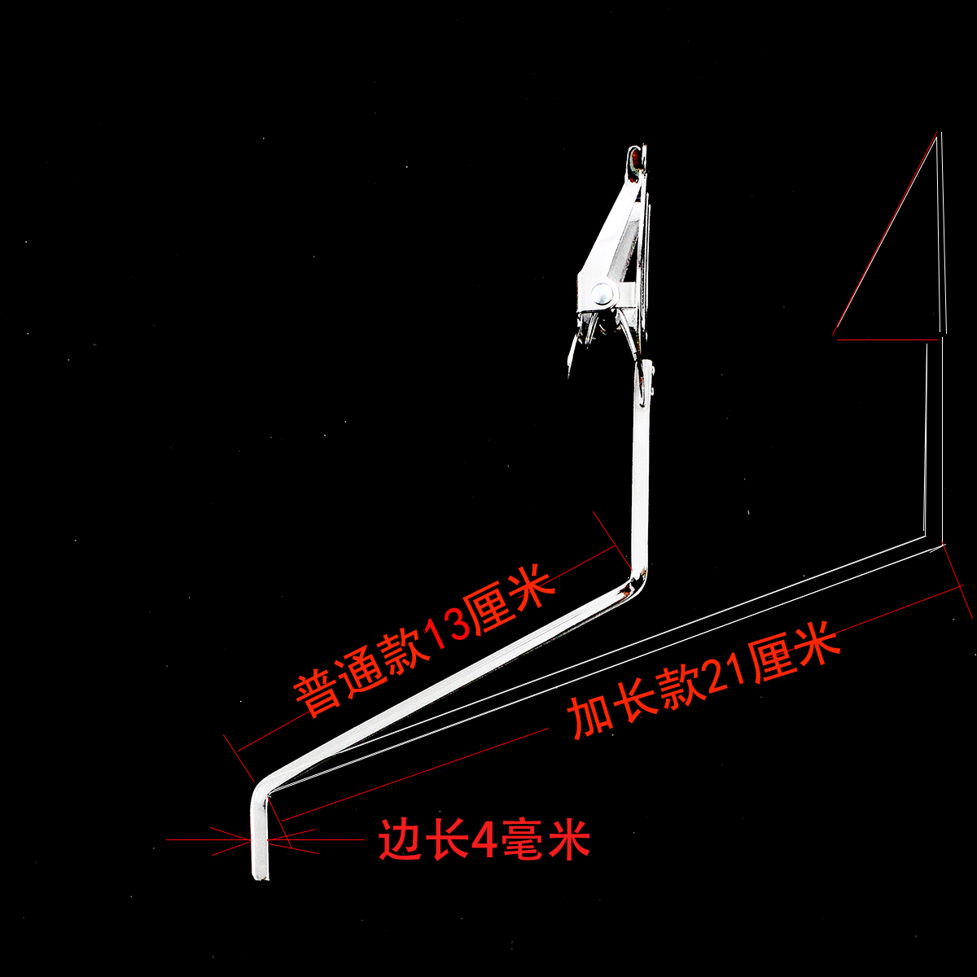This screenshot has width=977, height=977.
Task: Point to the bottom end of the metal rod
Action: click(x=260, y=875)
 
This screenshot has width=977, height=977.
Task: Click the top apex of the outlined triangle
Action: click(x=938, y=137)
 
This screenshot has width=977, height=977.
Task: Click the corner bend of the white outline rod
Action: click(x=927, y=537)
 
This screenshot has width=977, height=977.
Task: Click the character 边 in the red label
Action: click(x=399, y=839)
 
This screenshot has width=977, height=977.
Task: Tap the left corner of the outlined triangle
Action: click(x=836, y=334)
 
